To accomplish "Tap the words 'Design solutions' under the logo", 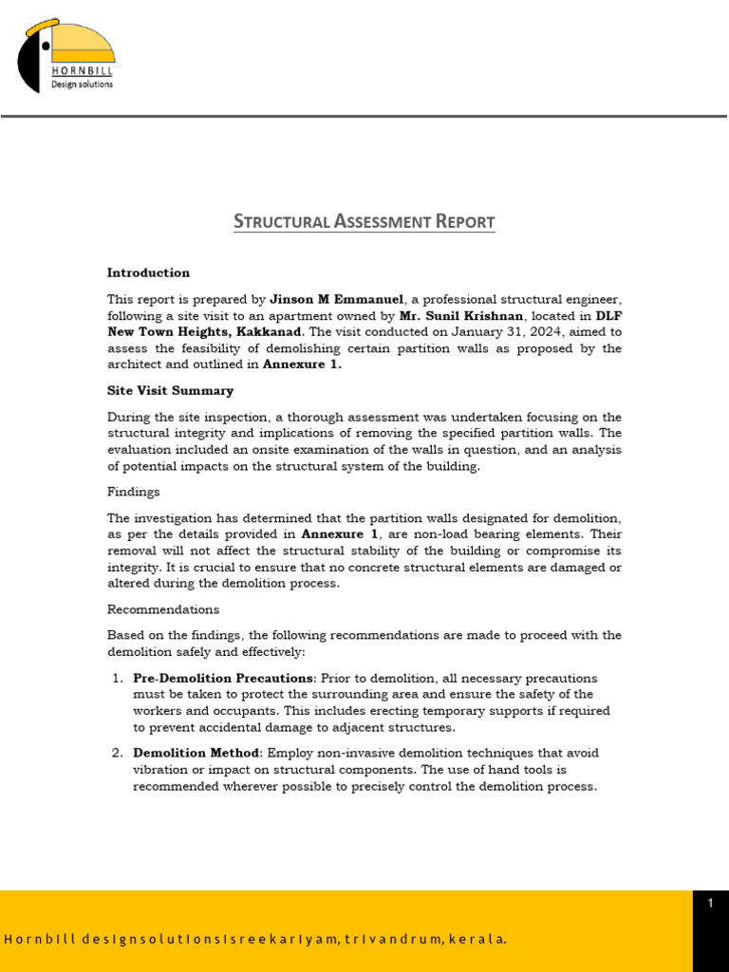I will pos(82,84).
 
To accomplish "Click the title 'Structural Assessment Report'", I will pos(364,222).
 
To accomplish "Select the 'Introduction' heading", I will pos(148,272).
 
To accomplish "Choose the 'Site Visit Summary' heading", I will pos(170,390).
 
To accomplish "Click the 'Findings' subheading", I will pos(133,492).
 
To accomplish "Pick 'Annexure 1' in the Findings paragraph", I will pos(340,534).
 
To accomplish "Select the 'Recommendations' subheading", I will pos(162,609).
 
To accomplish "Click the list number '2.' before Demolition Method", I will pos(118,753).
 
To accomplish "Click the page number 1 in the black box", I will pos(710,904).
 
